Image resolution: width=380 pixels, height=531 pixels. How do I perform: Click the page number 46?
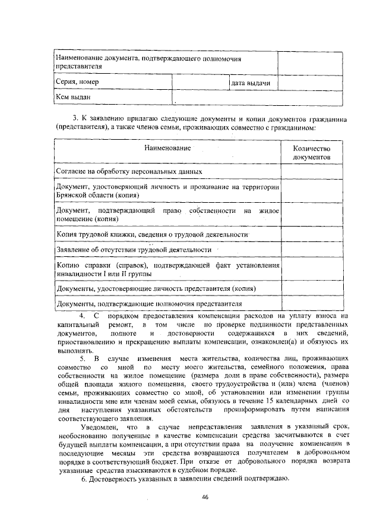(205, 497)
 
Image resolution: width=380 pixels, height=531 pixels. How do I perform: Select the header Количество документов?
(312, 153)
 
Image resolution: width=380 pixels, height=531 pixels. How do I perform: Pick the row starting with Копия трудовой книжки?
(151, 234)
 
